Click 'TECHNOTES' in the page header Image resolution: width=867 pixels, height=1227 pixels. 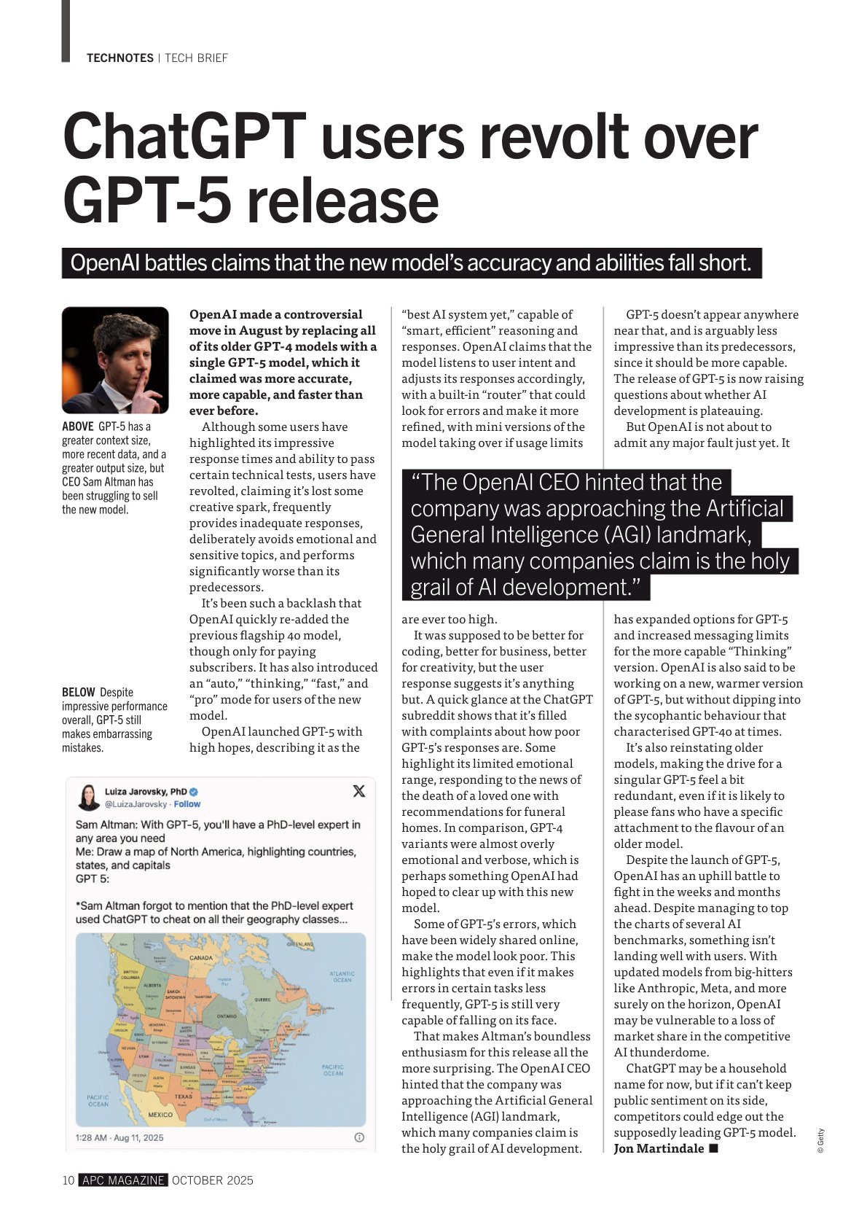pyautogui.click(x=120, y=58)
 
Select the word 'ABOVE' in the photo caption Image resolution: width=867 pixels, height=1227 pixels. pyautogui.click(x=78, y=426)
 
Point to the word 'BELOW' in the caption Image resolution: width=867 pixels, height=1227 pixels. pyautogui.click(x=79, y=692)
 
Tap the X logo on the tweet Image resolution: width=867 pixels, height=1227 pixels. pyautogui.click(x=358, y=791)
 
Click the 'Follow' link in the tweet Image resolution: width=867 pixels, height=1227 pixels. pyautogui.click(x=187, y=804)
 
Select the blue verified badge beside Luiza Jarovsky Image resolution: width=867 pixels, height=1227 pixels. pyautogui.click(x=195, y=792)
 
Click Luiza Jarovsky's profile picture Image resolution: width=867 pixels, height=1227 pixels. pyautogui.click(x=89, y=797)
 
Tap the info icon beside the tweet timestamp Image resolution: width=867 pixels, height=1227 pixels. pyautogui.click(x=358, y=1137)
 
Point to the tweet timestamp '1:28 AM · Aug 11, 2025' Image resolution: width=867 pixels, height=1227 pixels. pyautogui.click(x=119, y=1137)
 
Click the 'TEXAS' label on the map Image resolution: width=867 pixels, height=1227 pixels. pyautogui.click(x=183, y=1096)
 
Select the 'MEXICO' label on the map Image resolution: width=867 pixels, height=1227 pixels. pyautogui.click(x=160, y=1115)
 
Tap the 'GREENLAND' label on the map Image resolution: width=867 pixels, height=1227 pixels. pyautogui.click(x=299, y=944)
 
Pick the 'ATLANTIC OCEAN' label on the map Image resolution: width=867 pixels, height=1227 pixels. pyautogui.click(x=342, y=977)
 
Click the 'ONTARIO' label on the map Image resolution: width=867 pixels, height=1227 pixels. pyautogui.click(x=227, y=1016)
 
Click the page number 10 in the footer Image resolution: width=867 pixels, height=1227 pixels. pyautogui.click(x=68, y=1180)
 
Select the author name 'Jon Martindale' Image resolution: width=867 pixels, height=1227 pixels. pyautogui.click(x=659, y=1149)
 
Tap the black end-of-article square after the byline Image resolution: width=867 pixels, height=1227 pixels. pyautogui.click(x=713, y=1148)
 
